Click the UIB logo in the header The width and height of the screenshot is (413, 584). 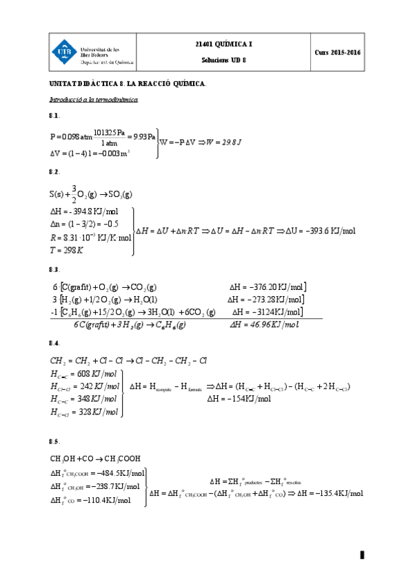click(65, 52)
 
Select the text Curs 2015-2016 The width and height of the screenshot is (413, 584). click(338, 52)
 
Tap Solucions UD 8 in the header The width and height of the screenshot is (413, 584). click(224, 60)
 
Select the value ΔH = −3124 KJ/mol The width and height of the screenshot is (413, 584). click(267, 312)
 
